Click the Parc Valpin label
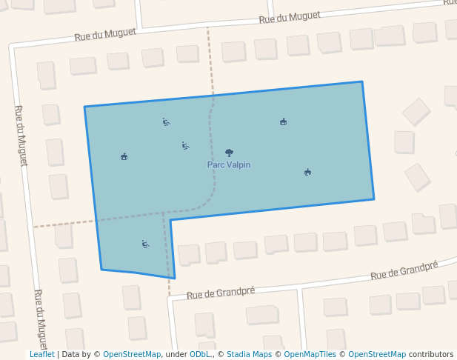point(229,165)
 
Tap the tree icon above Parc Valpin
point(229,153)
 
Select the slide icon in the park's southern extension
point(145,244)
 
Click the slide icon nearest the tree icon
point(185,146)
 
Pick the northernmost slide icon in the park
point(166,121)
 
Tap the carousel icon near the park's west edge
point(124,156)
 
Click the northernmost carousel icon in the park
point(283,121)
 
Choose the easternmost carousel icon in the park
point(307,173)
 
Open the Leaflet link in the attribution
point(41,355)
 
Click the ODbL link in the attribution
point(199,355)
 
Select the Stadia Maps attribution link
point(249,355)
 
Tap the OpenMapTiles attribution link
point(310,355)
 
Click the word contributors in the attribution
point(431,355)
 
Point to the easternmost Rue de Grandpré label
point(404,270)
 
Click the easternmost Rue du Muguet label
point(290,16)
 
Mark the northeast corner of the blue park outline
point(361,82)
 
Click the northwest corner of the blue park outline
point(84,107)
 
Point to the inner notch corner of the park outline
point(170,220)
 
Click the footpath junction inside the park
point(164,213)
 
